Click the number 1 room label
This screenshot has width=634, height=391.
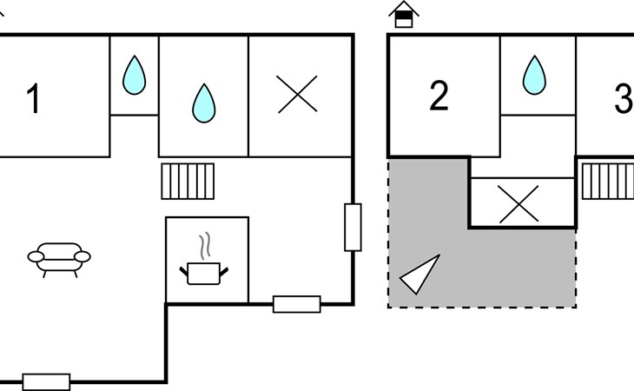34,98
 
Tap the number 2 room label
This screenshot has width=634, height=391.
439,96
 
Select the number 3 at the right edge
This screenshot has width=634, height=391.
624,98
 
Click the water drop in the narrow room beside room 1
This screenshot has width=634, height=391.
135,76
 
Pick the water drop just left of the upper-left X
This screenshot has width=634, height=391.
204,103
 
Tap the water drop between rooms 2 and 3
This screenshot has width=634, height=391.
534,76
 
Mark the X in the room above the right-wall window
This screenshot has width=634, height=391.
297,94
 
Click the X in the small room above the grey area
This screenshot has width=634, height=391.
518,204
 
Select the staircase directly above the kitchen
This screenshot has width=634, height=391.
188,181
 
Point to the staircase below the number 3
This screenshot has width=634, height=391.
608,181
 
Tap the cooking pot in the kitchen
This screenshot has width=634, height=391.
204,274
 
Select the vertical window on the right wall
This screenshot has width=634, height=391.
353,228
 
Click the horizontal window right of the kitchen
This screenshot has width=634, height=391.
297,304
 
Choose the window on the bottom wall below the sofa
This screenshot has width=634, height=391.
46,382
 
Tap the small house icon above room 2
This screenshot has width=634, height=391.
404,14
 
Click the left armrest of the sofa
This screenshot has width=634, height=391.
36,256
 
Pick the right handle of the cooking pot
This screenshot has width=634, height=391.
223,272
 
